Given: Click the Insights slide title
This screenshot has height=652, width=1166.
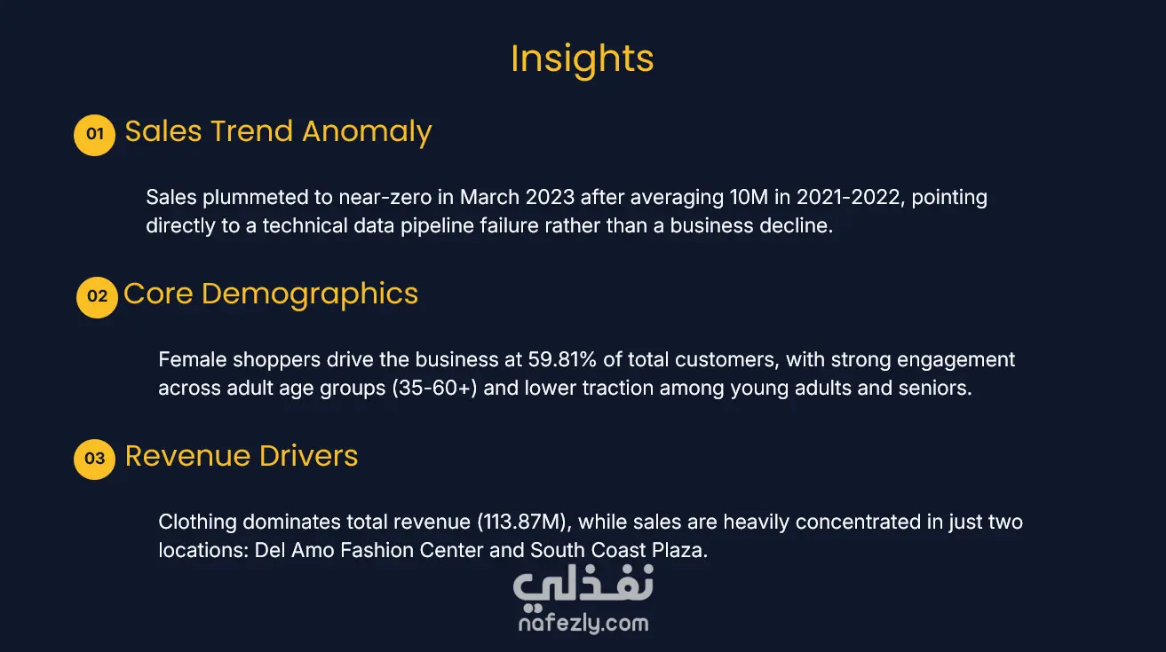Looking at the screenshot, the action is point(582,59).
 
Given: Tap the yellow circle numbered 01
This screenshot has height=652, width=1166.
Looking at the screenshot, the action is point(94,135).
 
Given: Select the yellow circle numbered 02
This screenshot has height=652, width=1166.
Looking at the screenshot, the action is point(97,297).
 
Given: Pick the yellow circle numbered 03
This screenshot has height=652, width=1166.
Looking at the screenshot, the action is point(94,459).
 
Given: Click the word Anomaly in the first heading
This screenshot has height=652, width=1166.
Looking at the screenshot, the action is point(367,132).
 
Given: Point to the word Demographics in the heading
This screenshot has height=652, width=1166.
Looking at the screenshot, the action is point(310,295).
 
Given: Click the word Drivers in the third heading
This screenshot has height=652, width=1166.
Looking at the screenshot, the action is point(309,456).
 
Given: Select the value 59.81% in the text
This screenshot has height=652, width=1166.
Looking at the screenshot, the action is point(562,359).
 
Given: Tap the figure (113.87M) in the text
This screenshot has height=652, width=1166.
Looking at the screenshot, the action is point(524,522).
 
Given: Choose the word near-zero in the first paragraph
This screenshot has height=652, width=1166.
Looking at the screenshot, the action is point(385,198).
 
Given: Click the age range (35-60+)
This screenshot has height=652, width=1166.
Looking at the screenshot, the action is point(434,388).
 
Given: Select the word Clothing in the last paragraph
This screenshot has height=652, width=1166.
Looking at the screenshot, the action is point(197,522).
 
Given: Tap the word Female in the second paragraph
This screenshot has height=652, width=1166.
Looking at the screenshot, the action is point(193,359).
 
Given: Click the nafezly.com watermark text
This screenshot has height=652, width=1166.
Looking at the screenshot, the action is point(583,623).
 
